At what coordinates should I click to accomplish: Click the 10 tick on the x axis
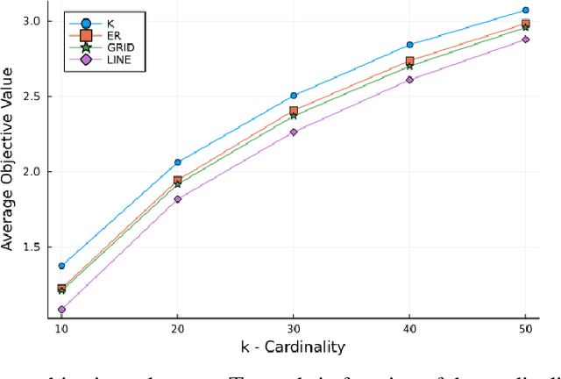tap(61, 326)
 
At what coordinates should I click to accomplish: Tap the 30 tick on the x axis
tap(294, 326)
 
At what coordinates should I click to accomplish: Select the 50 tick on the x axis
tap(525, 326)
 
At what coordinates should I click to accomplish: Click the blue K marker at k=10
tap(61, 266)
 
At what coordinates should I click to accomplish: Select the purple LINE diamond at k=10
tap(61, 310)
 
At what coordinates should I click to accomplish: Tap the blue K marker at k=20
tap(177, 162)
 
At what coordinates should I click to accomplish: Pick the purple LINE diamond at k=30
tap(294, 132)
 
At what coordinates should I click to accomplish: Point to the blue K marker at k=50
tap(525, 11)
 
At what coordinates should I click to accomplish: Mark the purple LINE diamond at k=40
tap(409, 80)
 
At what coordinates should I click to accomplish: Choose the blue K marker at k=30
tap(294, 96)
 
